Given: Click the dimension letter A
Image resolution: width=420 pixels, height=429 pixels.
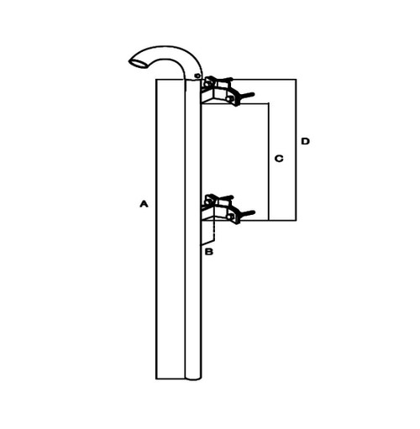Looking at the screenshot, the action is [144, 204].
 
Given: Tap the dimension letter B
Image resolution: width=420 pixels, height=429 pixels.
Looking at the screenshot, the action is [209, 252].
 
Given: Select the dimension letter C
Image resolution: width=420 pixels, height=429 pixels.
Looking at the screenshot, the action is [279, 159].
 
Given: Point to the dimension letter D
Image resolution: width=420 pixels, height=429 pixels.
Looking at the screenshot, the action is [305, 141].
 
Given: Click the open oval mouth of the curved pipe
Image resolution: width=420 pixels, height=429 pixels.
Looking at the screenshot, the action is [139, 64].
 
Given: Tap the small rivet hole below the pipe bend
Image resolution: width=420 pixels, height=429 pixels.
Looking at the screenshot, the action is [197, 76].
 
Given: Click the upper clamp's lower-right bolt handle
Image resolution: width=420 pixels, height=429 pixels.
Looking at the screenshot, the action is [246, 96].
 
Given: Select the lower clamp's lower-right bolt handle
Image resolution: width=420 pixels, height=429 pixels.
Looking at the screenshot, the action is [246, 214].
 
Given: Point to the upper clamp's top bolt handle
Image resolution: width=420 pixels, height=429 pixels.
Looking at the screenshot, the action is [224, 80].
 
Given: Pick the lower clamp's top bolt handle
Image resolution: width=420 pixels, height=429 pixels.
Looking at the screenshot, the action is [224, 198].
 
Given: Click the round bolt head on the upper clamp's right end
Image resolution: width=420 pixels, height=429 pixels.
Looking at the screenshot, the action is [231, 98].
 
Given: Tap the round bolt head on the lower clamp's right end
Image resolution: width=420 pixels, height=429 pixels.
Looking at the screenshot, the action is [231, 217].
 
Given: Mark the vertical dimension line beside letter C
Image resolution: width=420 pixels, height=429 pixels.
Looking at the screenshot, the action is [269, 161].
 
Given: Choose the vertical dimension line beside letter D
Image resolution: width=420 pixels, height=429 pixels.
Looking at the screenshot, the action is [296, 149].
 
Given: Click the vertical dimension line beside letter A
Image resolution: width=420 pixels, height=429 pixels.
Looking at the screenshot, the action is [156, 229].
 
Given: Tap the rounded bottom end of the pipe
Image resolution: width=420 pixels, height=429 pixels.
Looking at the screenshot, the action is [193, 379].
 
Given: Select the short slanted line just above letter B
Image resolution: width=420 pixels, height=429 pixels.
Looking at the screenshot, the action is [207, 243].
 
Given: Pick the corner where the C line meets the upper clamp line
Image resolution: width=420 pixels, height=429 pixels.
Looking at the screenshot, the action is [269, 103].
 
